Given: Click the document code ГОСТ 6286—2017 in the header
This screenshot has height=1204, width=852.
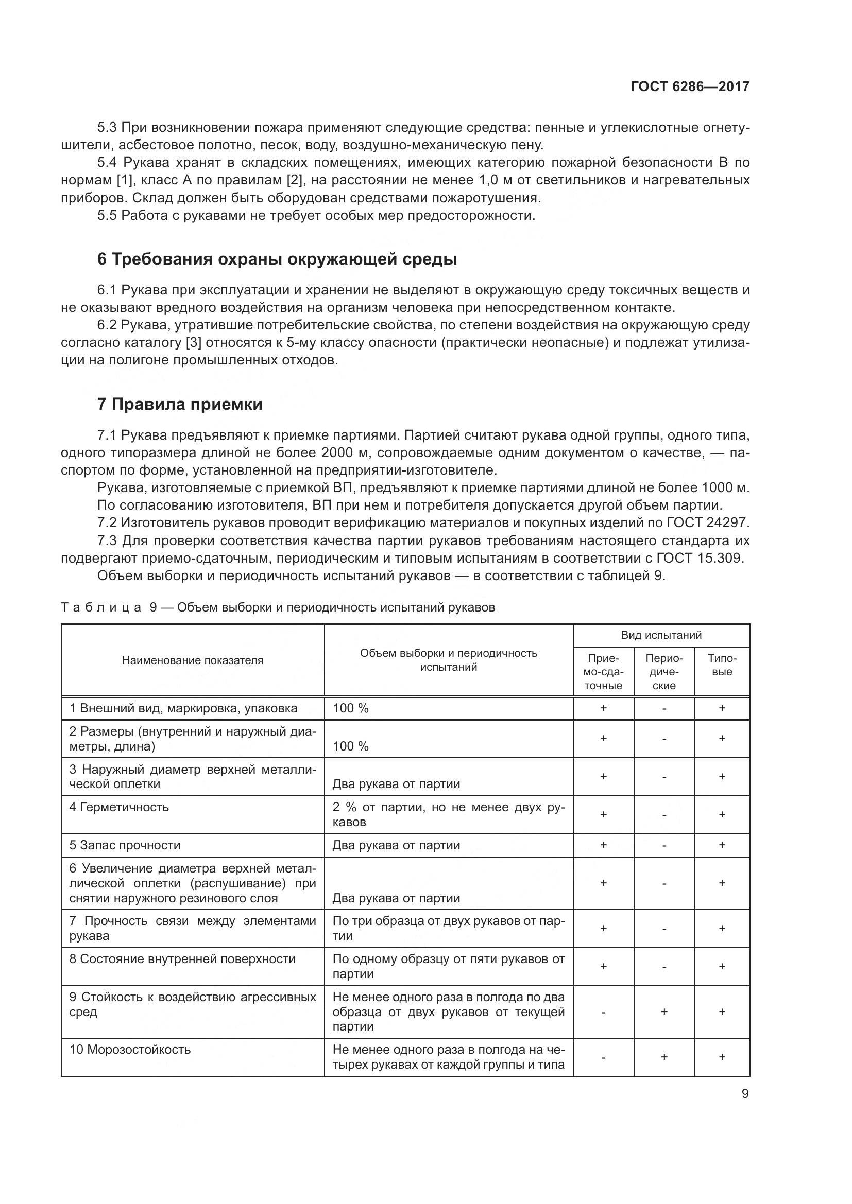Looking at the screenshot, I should (690, 86).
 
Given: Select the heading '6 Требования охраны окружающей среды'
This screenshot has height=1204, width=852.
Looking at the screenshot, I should (277, 259).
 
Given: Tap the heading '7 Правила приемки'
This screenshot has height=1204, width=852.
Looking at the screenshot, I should (180, 404).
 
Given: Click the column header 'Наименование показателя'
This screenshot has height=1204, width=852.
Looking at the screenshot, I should (193, 660).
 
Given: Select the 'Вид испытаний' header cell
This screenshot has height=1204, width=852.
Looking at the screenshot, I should (661, 635).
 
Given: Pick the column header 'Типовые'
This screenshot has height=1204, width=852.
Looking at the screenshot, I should (722, 665).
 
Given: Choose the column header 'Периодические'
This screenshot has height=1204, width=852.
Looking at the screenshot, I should (663, 672).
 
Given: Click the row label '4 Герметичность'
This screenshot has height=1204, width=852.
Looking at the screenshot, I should (119, 807).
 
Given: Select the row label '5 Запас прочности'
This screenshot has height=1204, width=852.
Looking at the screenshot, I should (125, 845).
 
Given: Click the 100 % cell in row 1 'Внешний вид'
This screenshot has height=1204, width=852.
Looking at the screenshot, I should (350, 708).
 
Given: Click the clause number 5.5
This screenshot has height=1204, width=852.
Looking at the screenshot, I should (107, 216).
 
